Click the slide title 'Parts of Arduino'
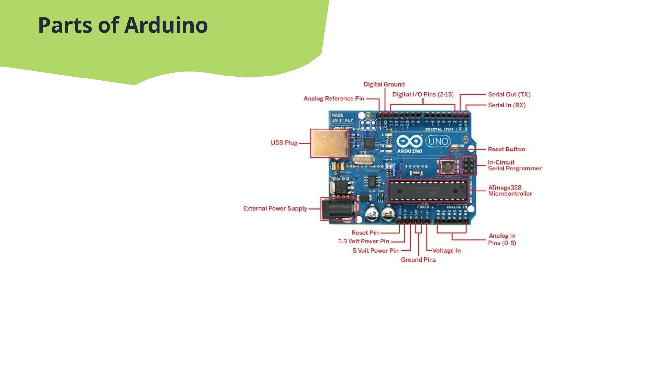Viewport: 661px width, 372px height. point(123,25)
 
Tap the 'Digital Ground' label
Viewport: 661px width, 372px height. point(384,84)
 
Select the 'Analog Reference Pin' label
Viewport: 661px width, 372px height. point(334,98)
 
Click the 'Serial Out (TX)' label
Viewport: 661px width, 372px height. point(509,94)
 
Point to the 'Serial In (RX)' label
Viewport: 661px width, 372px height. point(506,105)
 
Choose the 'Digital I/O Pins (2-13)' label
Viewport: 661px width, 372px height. point(423,94)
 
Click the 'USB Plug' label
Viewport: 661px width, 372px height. point(284,143)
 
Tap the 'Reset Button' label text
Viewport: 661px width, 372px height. point(506,149)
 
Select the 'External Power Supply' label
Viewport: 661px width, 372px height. point(275,208)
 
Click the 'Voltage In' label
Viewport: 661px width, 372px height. point(446,251)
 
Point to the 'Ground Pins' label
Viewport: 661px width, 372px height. point(418,260)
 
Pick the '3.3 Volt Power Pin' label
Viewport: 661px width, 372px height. point(363,241)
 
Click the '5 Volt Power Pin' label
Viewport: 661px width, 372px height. point(375,251)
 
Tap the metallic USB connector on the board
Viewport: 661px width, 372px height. point(330,143)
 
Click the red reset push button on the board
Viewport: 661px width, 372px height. point(448,167)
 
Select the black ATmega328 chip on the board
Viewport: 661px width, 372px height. point(428,191)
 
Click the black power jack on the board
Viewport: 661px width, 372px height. point(337,209)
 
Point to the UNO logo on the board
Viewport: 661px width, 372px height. point(438,141)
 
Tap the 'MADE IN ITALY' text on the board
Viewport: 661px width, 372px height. point(342,118)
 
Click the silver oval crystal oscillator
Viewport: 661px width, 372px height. point(364,160)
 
